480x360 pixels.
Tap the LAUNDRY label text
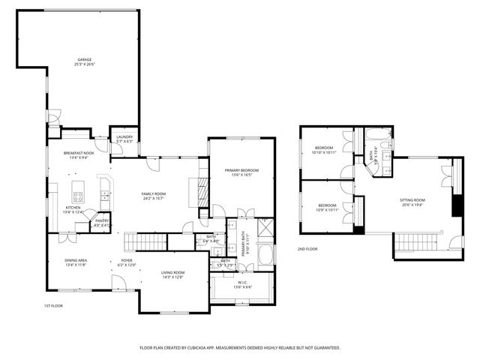[x=124, y=136]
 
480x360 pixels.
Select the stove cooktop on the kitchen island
[x=78, y=197]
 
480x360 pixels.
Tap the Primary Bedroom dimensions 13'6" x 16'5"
[x=240, y=175]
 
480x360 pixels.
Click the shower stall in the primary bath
[x=265, y=227]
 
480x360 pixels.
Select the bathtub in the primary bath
[x=266, y=254]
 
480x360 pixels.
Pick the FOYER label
[x=127, y=261]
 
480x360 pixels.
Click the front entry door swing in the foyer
[x=118, y=282]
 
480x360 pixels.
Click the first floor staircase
[x=144, y=241]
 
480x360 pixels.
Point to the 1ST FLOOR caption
[x=53, y=306]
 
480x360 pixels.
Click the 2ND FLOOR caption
[x=307, y=248]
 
